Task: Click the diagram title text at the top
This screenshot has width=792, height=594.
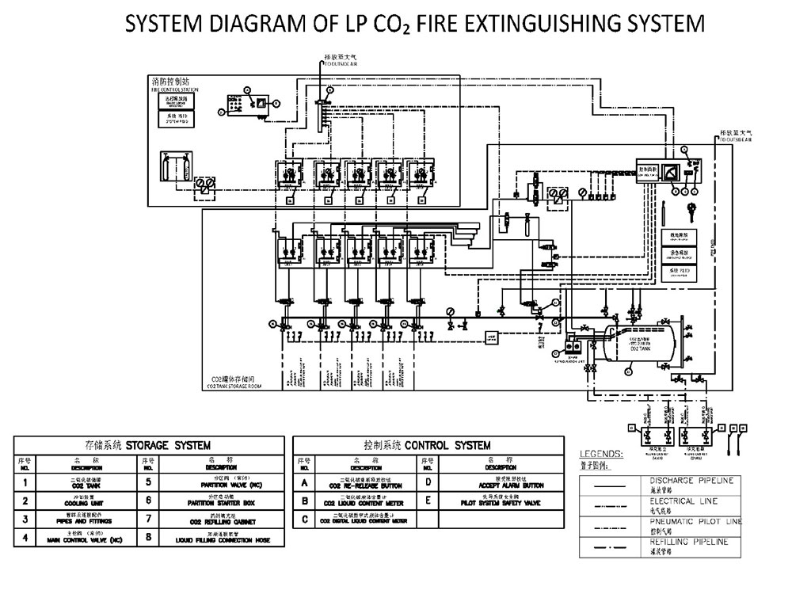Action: pyautogui.click(x=414, y=23)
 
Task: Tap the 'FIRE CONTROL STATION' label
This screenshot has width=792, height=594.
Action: pyautogui.click(x=175, y=90)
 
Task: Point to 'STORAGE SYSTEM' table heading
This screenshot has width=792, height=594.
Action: pyautogui.click(x=147, y=445)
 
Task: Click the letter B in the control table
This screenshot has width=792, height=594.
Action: pyautogui.click(x=305, y=501)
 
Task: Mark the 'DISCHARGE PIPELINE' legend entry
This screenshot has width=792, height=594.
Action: pyautogui.click(x=691, y=481)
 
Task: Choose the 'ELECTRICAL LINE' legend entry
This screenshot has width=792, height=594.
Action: pyautogui.click(x=683, y=501)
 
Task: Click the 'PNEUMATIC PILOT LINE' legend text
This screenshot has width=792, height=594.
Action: pyautogui.click(x=695, y=521)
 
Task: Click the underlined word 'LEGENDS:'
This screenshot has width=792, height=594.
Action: pyautogui.click(x=601, y=455)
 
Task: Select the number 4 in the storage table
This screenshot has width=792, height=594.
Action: pyautogui.click(x=26, y=540)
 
